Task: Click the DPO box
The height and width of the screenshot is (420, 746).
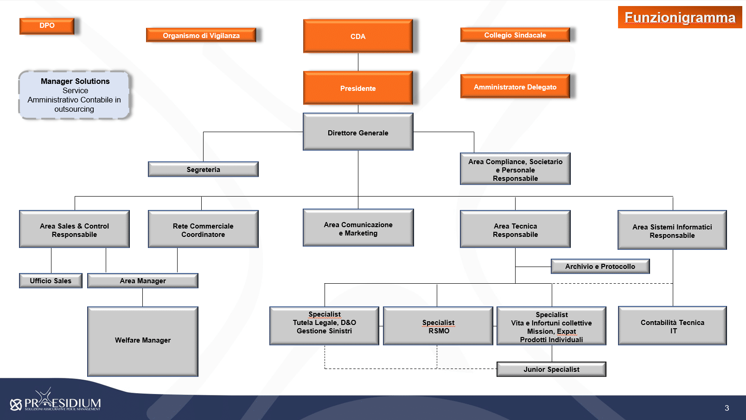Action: click(47, 26)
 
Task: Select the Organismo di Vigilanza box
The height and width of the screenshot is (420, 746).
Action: click(201, 35)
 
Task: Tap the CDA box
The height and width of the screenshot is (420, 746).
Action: click(358, 36)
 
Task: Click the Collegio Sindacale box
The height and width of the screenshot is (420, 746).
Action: click(515, 35)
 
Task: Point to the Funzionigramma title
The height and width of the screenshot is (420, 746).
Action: click(680, 17)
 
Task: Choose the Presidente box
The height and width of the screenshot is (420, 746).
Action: click(358, 88)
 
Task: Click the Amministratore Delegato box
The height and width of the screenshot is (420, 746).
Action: click(515, 87)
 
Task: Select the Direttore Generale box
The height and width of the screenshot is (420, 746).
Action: click(358, 132)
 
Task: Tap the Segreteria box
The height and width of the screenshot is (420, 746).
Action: click(203, 169)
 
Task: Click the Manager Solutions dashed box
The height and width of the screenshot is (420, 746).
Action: click(74, 95)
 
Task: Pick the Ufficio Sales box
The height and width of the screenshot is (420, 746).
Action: click(51, 281)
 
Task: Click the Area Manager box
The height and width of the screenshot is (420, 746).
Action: click(143, 281)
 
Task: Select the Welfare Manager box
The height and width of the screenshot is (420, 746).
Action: click(143, 342)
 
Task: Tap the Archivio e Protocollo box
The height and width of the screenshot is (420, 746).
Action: click(600, 267)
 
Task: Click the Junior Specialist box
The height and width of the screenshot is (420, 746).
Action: click(552, 369)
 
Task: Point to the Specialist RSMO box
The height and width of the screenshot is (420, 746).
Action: click(438, 326)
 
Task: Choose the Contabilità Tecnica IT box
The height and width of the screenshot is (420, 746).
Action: click(672, 326)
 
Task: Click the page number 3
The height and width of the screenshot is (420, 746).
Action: click(727, 408)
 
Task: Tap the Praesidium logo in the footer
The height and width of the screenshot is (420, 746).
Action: click(56, 400)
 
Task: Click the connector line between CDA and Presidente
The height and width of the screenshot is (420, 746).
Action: click(358, 62)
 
